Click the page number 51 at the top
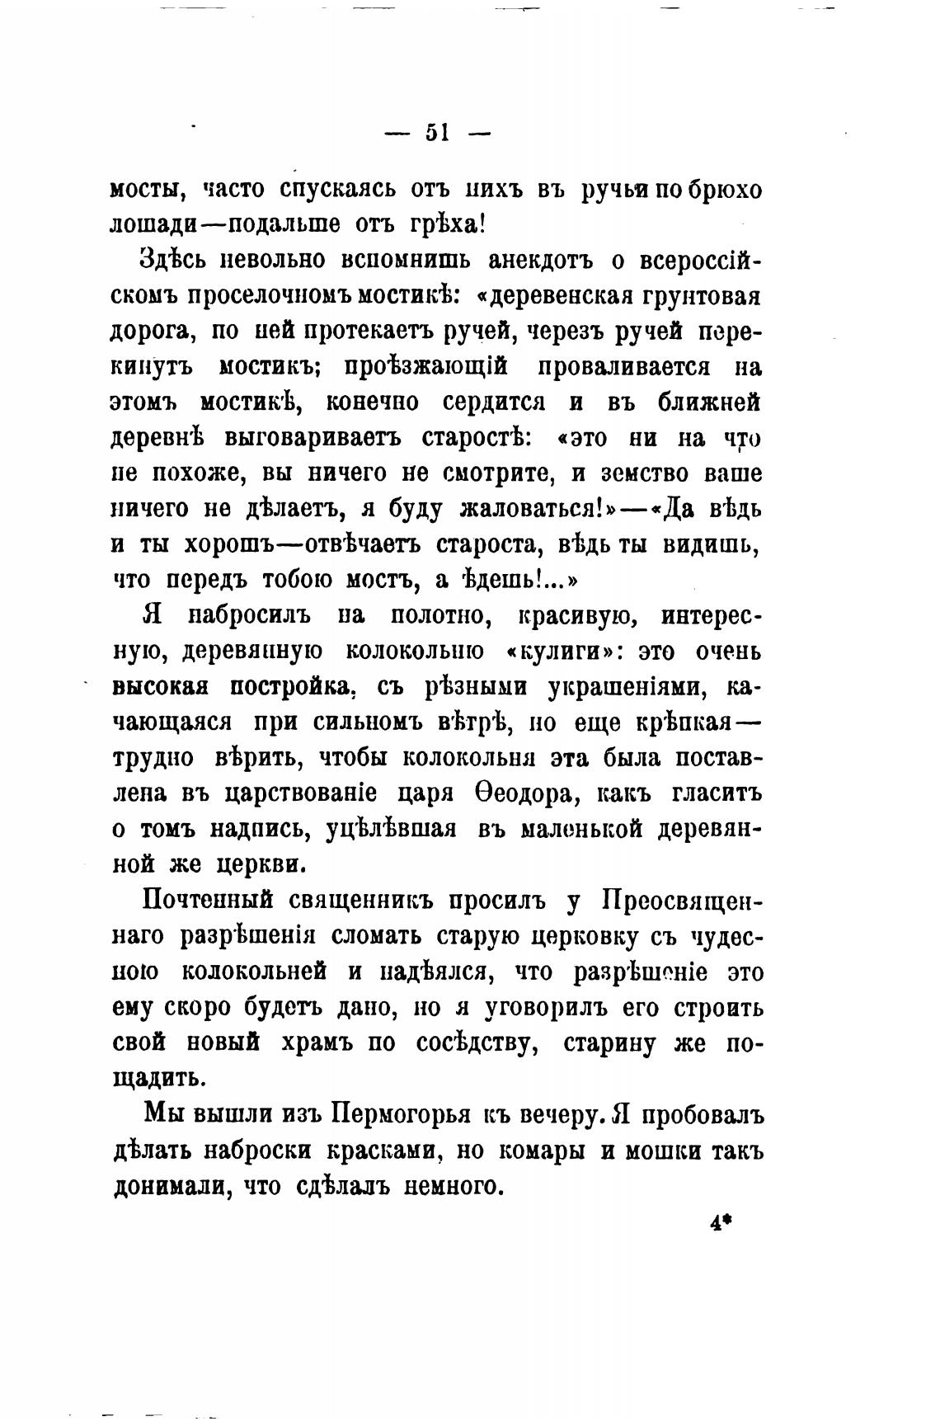tap(436, 132)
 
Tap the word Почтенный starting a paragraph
tap(209, 900)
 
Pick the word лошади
tap(155, 225)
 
